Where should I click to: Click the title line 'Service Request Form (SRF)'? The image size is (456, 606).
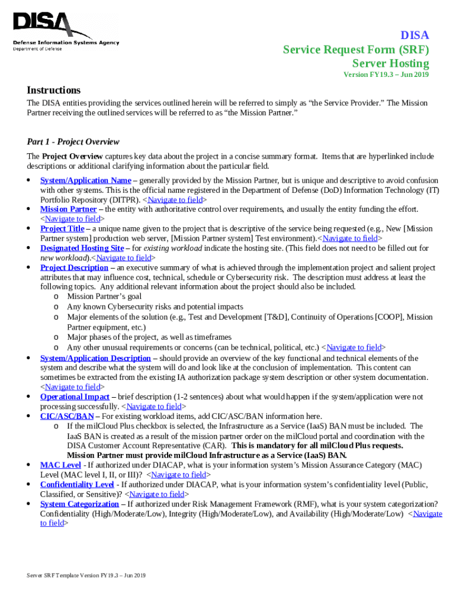355,49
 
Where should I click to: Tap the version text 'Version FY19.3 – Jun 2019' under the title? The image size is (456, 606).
386,75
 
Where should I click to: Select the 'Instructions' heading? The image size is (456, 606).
53,90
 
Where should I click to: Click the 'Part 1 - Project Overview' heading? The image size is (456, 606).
73,142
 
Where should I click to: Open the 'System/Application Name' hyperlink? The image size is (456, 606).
85,180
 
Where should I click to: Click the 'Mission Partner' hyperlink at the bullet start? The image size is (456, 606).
68,209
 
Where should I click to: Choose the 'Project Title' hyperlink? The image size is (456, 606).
62,228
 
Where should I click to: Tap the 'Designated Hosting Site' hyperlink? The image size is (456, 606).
82,248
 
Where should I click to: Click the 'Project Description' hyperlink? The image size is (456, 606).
74,267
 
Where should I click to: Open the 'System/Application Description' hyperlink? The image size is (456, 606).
95,358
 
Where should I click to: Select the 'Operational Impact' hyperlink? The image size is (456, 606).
75,397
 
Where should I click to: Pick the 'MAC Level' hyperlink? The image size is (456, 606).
60,465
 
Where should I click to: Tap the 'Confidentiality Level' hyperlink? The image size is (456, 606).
76,485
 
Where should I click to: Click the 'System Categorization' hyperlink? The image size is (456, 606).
79,504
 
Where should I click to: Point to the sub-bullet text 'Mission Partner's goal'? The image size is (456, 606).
104,296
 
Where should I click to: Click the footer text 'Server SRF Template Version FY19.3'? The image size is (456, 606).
86,575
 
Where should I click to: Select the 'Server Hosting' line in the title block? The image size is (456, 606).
390,63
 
